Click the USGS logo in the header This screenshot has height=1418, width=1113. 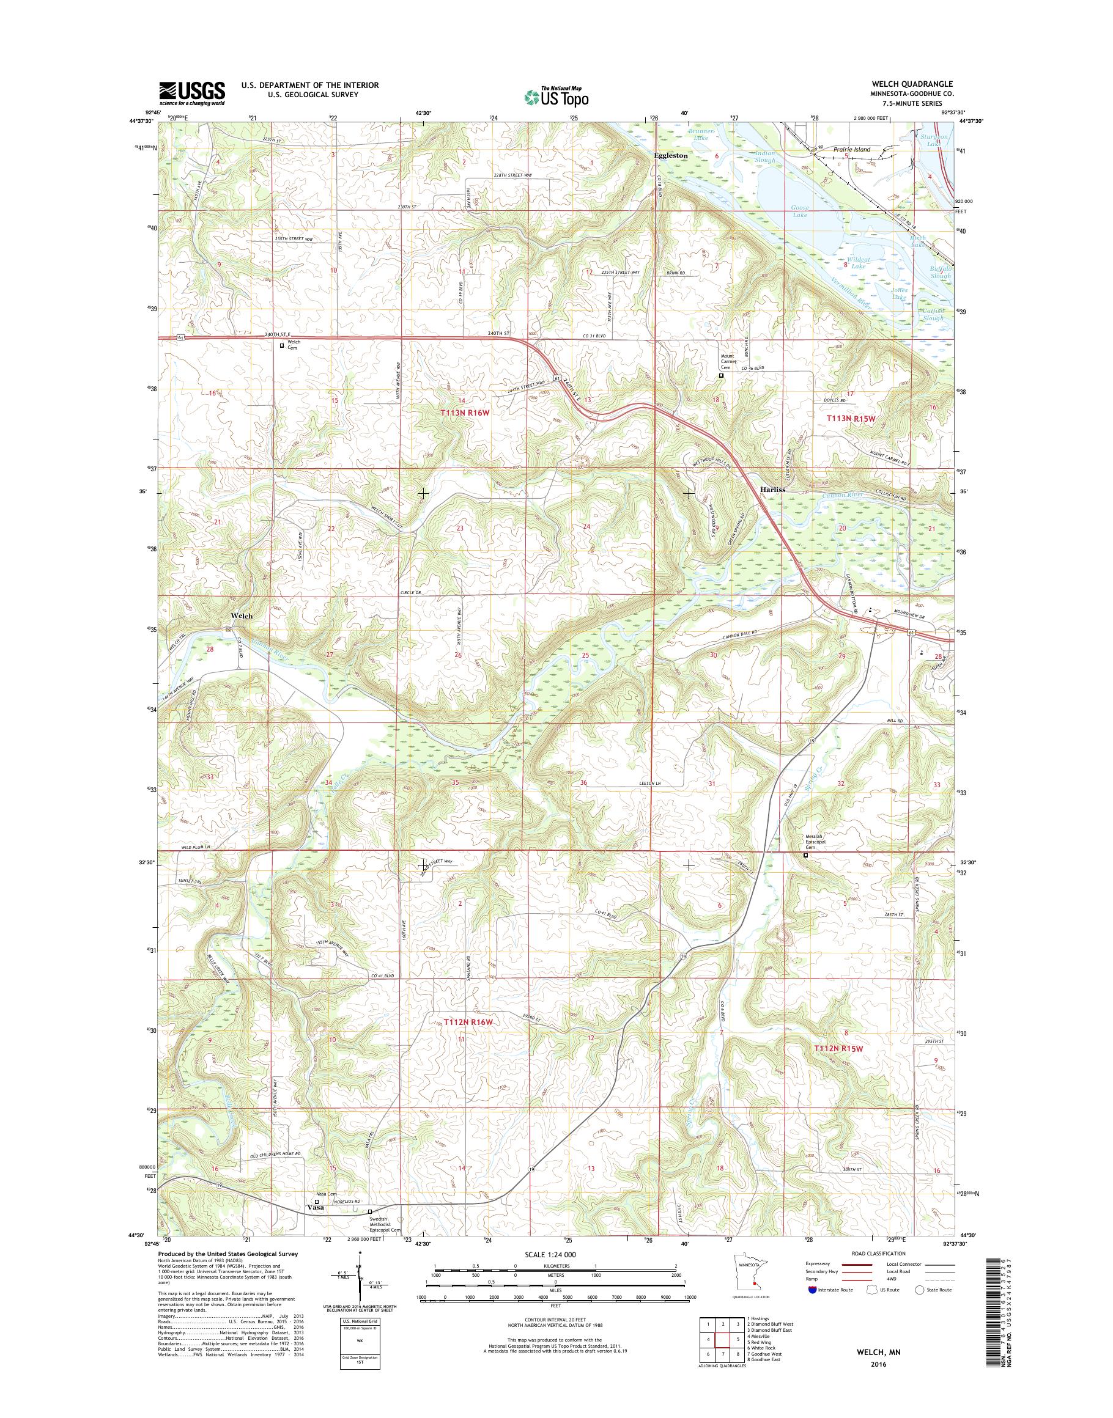coord(192,94)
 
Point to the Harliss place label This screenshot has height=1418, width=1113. coord(772,489)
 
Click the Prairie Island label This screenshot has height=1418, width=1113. coord(852,150)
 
